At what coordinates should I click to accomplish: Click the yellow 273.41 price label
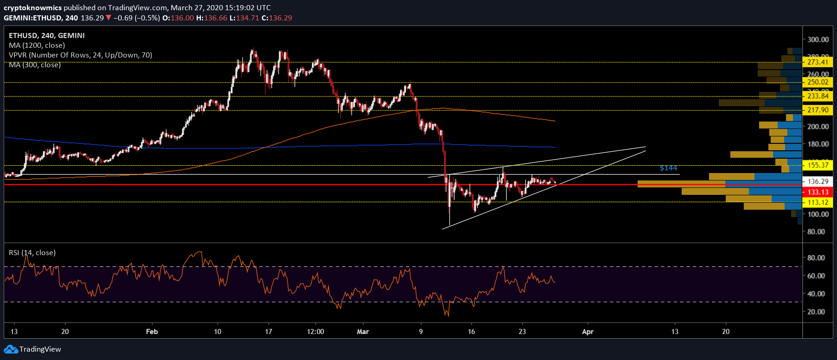[x=818, y=62]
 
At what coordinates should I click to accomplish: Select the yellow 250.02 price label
[x=818, y=82]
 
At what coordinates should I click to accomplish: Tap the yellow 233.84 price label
[x=818, y=96]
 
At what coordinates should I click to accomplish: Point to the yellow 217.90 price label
[x=818, y=110]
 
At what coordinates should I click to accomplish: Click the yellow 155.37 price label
[x=818, y=165]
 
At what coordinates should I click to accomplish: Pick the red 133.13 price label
[x=818, y=192]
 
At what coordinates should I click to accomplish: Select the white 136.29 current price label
[x=818, y=181]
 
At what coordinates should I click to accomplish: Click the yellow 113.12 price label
[x=818, y=202]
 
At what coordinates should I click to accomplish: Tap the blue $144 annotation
[x=668, y=168]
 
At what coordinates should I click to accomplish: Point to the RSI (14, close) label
[x=32, y=253]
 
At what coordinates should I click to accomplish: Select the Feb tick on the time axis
[x=152, y=332]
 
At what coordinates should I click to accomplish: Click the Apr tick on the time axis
[x=588, y=332]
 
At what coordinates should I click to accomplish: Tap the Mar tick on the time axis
[x=363, y=332]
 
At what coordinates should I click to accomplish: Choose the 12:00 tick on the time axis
[x=315, y=332]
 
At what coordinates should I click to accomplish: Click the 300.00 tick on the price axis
[x=818, y=39]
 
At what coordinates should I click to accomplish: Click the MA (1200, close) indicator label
[x=37, y=45]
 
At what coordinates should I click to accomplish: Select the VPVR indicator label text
[x=80, y=55]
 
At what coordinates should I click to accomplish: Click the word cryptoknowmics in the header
[x=32, y=8]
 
